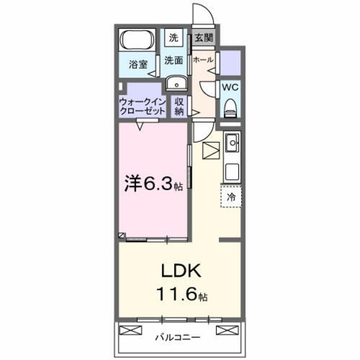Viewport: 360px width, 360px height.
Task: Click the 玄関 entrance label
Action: click(203, 38)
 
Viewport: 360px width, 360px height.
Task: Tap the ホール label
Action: click(202, 59)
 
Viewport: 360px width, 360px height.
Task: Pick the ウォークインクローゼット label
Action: click(141, 106)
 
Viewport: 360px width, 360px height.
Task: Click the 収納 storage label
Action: click(179, 106)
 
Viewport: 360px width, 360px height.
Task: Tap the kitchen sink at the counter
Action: click(231, 143)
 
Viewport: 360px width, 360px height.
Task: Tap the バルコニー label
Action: click(179, 338)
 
